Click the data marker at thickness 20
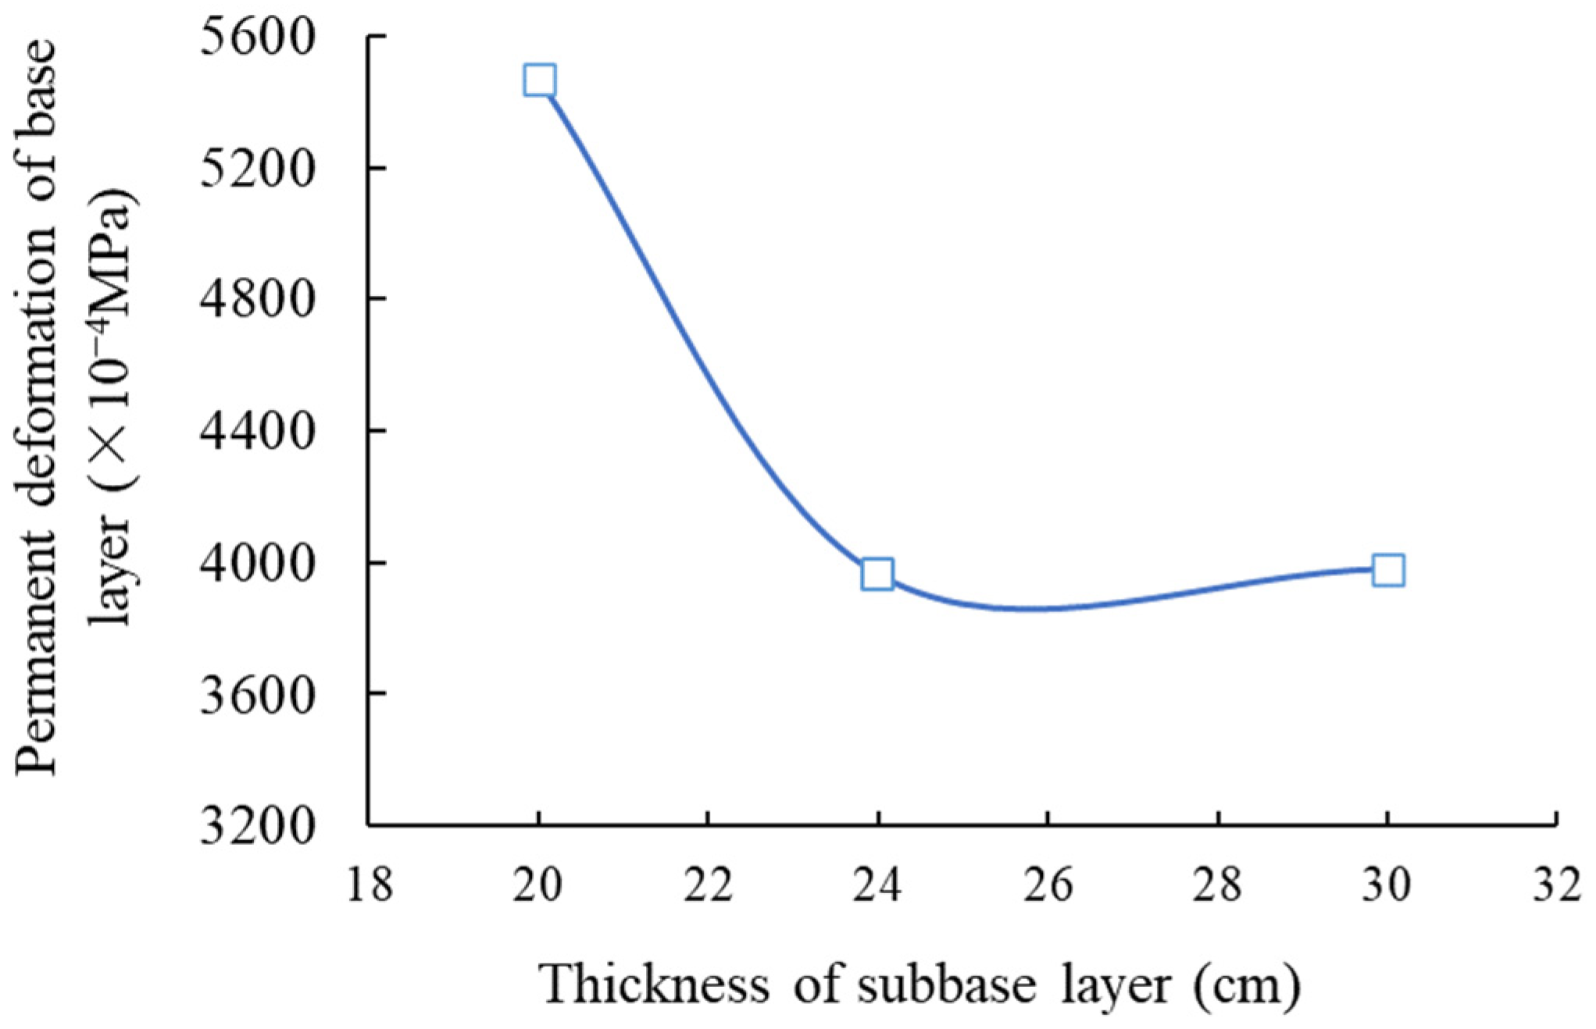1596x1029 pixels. (x=540, y=80)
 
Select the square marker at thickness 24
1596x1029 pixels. (x=877, y=575)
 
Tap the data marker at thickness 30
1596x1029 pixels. (x=1388, y=570)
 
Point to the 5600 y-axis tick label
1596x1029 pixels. (x=257, y=37)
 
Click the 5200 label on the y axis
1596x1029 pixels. (x=257, y=169)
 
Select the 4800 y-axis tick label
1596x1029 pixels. (x=257, y=300)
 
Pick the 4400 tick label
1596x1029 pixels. (x=257, y=431)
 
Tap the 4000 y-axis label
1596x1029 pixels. (x=257, y=563)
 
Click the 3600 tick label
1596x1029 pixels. (x=257, y=694)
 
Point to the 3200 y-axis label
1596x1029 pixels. (x=257, y=826)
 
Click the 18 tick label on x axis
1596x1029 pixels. (x=370, y=886)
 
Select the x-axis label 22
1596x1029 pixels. (x=708, y=886)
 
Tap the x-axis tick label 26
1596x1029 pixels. (x=1048, y=886)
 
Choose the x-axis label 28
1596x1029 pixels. (x=1217, y=886)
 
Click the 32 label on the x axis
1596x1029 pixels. (x=1556, y=886)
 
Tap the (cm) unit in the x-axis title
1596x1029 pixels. (x=1247, y=984)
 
